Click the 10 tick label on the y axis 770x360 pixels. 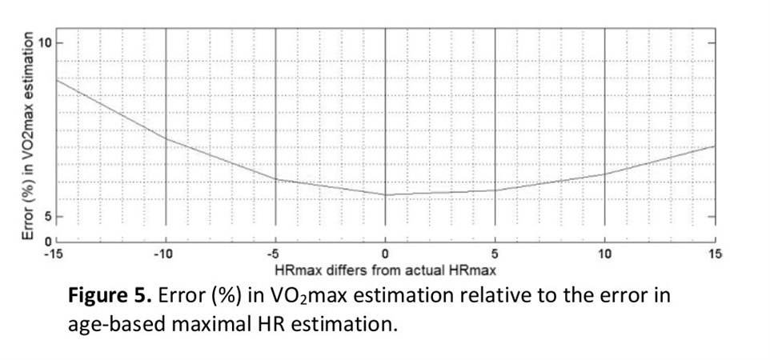pyautogui.click(x=46, y=42)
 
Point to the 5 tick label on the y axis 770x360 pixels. pyautogui.click(x=48, y=216)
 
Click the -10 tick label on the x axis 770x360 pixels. pyautogui.click(x=165, y=254)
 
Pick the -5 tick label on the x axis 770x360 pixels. pyautogui.click(x=275, y=254)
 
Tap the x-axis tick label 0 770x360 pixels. pyautogui.click(x=386, y=254)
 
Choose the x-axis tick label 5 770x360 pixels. pyautogui.click(x=495, y=254)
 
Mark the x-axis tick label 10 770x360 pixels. pyautogui.click(x=604, y=254)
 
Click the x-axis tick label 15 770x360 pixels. pyautogui.click(x=714, y=254)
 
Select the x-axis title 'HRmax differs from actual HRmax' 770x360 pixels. pyautogui.click(x=385, y=268)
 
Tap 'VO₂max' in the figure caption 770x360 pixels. pyautogui.click(x=303, y=297)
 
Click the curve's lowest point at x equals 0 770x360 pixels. pyautogui.click(x=386, y=194)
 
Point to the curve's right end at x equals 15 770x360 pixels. pyautogui.click(x=714, y=146)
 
